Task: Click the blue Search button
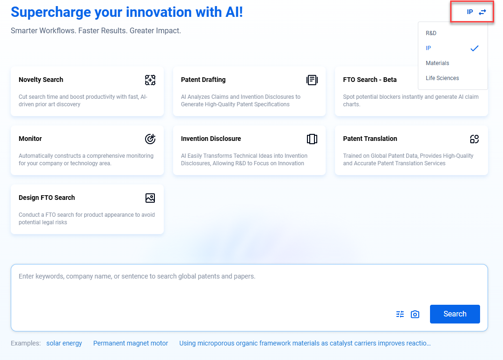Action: [x=455, y=314]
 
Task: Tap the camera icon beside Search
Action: [x=415, y=314]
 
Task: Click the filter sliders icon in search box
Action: [x=400, y=314]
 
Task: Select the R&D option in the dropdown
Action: [x=431, y=33]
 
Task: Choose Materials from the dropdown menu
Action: [x=437, y=63]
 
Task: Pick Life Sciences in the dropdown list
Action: [x=442, y=78]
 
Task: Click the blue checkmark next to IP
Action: [x=474, y=48]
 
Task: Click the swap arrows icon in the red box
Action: [x=483, y=12]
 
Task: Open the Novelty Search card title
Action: [x=41, y=80]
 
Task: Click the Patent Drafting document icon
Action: [x=312, y=80]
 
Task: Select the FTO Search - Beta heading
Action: [x=370, y=80]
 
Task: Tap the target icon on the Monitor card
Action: [x=150, y=139]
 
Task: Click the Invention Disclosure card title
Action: [x=211, y=139]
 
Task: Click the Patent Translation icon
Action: [x=474, y=139]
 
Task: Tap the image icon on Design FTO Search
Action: [x=150, y=198]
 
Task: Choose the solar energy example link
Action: [x=64, y=343]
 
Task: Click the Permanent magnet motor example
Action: [x=131, y=343]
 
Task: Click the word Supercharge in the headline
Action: [x=50, y=12]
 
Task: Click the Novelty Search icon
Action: [x=150, y=80]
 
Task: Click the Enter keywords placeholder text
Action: [x=137, y=276]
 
